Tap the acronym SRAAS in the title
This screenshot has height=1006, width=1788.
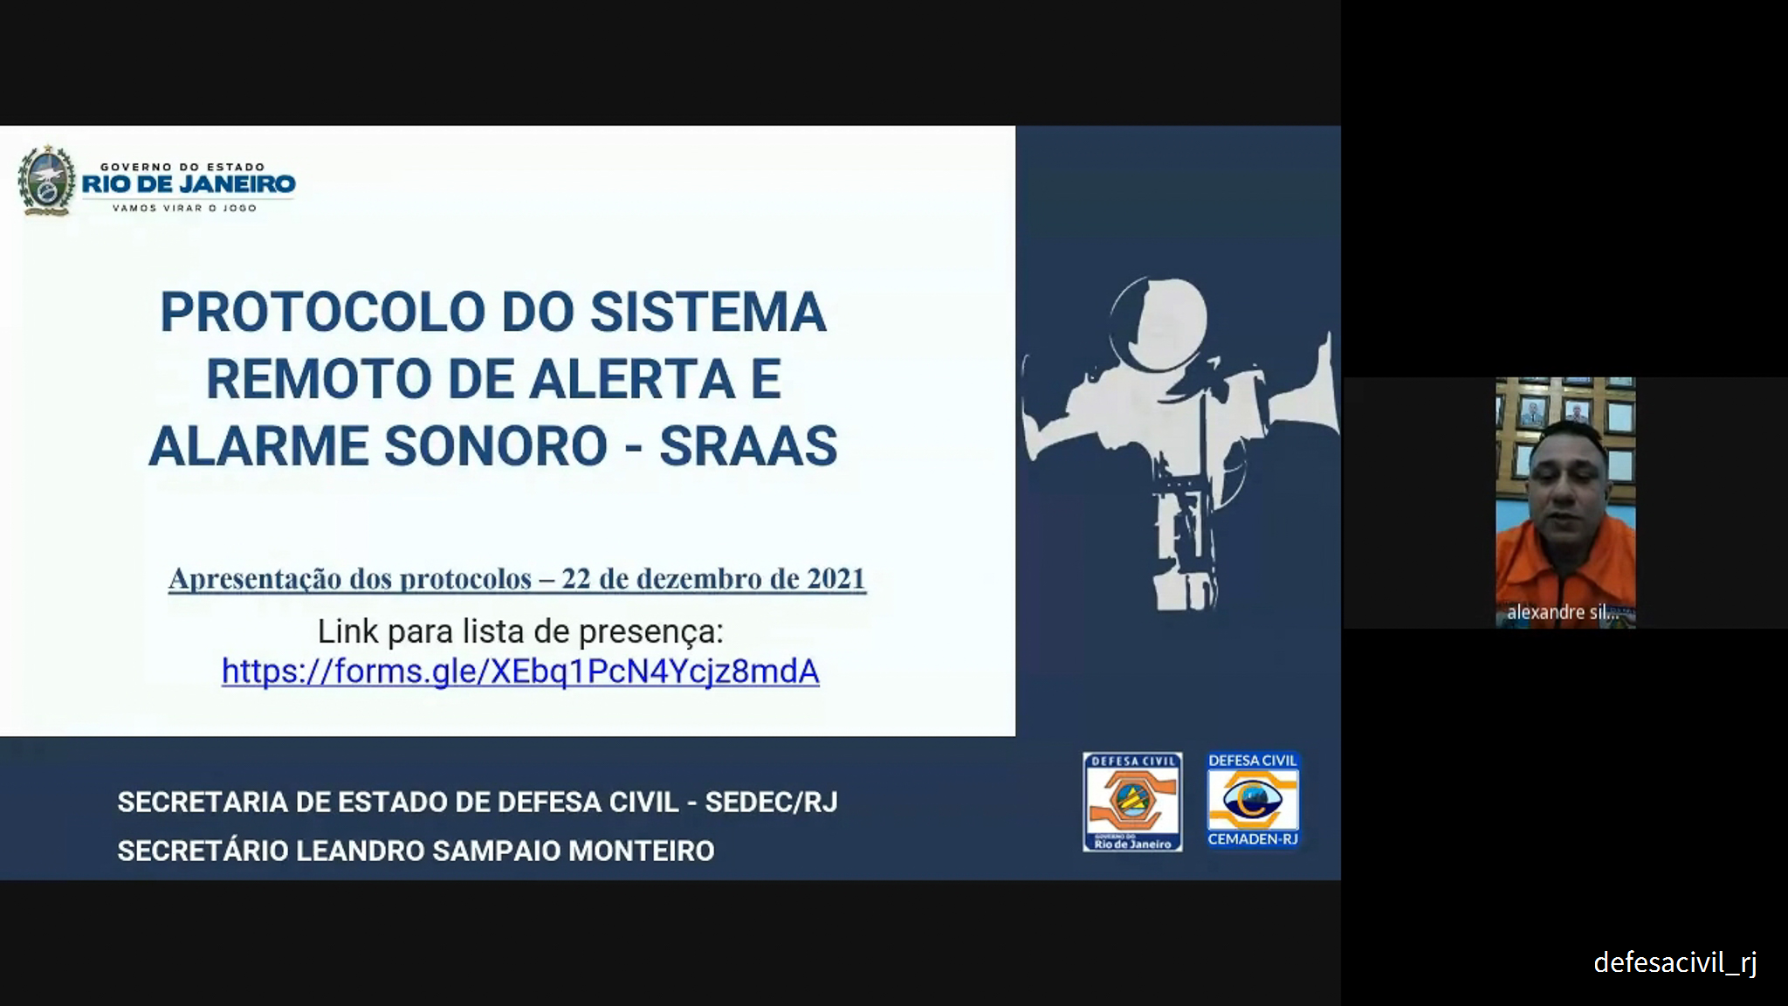click(x=748, y=446)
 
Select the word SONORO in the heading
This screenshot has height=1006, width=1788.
click(x=496, y=446)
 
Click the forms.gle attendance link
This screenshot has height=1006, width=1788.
click(x=520, y=671)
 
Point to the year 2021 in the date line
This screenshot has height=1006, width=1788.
click(x=836, y=579)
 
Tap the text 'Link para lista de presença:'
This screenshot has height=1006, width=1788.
click(x=520, y=630)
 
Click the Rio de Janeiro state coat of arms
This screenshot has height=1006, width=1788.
click(x=46, y=180)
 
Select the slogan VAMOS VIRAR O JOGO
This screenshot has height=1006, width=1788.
click(x=185, y=208)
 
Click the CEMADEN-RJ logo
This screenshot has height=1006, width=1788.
click(x=1253, y=801)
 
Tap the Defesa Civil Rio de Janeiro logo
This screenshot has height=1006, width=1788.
click(x=1132, y=802)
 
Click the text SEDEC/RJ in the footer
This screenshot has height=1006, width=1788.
click(x=771, y=803)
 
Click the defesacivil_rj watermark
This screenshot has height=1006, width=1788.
click(x=1675, y=962)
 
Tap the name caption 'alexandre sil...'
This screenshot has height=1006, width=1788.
click(x=1563, y=612)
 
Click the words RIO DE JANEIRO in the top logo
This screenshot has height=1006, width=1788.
click(x=189, y=184)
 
